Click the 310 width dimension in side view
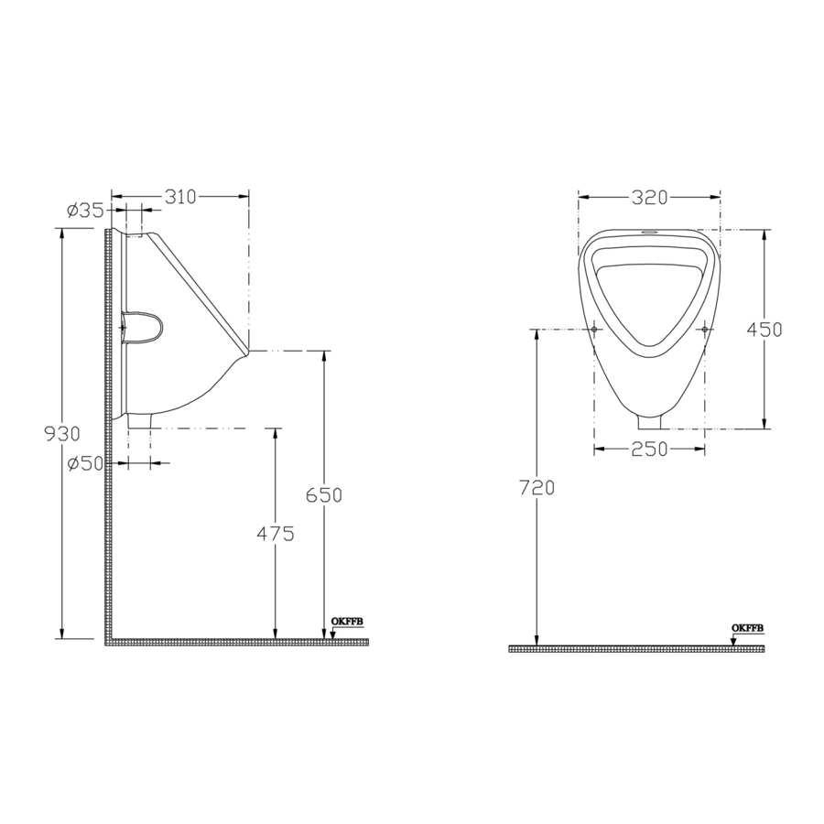(180, 196)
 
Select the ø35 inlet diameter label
(85, 211)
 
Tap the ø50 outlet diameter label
(85, 464)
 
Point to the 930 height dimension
(62, 433)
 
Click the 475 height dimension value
(275, 535)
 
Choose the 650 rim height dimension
(323, 495)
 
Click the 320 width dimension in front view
(648, 197)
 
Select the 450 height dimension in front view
(764, 330)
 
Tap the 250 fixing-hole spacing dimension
(649, 449)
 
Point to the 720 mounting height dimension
(537, 488)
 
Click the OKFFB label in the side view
(348, 622)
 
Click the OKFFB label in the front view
(747, 628)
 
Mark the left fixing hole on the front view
(595, 329)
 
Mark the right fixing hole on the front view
(704, 329)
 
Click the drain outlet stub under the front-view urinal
(650, 421)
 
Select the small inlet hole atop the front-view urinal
(650, 233)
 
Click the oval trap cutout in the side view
(143, 327)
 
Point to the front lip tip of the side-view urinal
(247, 350)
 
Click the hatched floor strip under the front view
(636, 649)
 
